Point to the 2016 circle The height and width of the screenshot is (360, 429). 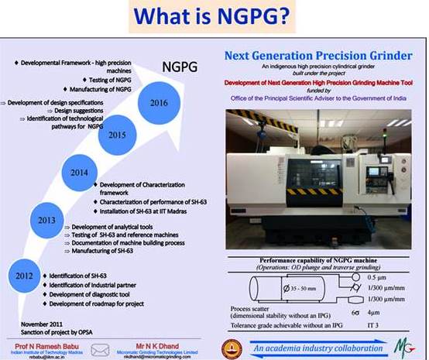(x=160, y=102)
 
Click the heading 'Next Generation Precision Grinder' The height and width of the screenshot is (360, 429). (x=321, y=56)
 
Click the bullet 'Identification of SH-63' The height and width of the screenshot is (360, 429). (x=83, y=275)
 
